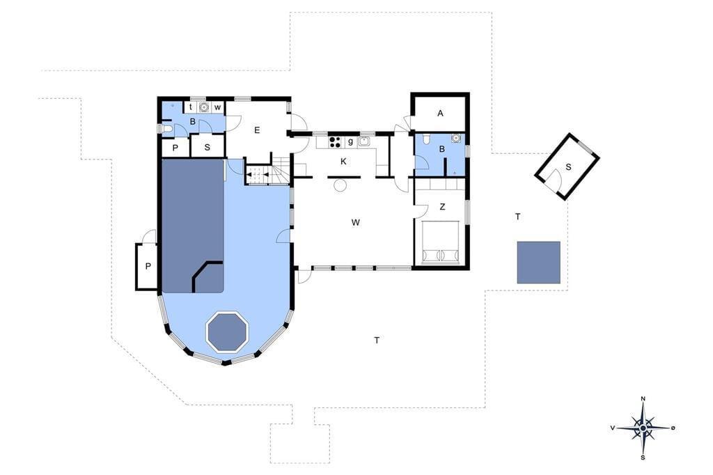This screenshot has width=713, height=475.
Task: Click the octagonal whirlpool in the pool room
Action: pos(228,332)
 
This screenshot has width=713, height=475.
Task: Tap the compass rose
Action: pos(643,428)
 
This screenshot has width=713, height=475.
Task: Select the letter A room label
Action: pos(440,114)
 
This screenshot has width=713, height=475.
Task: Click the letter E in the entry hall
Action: pos(257,130)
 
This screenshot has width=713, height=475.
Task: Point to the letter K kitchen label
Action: pos(344,162)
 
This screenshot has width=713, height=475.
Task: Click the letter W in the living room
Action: pos(356,222)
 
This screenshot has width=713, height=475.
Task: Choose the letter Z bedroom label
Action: pos(442,207)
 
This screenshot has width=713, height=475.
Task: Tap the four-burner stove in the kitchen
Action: pos(335,142)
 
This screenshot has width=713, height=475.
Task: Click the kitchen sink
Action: pos(363,141)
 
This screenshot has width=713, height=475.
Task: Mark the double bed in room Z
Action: pos(440,242)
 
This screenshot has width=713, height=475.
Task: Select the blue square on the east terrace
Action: pos(538,263)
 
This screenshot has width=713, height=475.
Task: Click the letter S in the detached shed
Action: pos(568,167)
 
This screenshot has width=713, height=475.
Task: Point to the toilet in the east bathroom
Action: pos(426,139)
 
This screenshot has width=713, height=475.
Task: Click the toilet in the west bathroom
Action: pos(167,130)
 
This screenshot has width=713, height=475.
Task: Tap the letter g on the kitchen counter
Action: pos(350,141)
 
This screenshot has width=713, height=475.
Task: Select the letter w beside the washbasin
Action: pos(218,108)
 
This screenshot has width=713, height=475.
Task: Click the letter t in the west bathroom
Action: pos(191,107)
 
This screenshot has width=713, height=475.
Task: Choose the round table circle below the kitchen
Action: pos(340,185)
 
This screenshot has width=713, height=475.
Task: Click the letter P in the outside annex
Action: pos(148,267)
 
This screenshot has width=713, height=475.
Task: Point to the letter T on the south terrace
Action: pos(377,340)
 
